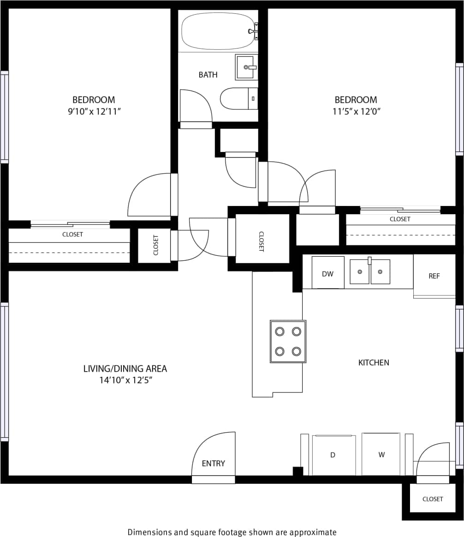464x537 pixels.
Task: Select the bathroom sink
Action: pos(246,67)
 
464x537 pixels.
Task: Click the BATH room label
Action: pos(208,75)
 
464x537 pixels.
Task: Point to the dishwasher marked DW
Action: pos(327,273)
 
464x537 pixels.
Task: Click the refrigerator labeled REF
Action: pos(434,276)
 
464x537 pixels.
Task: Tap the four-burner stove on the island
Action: pos(288,341)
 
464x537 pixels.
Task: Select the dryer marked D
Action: pos(333,455)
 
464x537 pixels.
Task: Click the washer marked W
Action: pos(381,454)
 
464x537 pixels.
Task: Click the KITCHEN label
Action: pos(374,362)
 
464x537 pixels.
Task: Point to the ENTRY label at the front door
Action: pos(214,464)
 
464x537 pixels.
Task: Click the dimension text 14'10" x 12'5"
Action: pos(125,380)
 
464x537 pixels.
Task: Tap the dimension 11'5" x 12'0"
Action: pos(356,111)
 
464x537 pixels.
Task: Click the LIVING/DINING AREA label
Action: pos(125,368)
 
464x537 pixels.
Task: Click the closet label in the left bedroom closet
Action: pos(73,235)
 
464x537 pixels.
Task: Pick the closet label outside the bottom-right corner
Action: pos(432,499)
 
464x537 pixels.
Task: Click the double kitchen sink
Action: pos(370,272)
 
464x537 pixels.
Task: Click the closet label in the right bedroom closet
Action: pos(399,219)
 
